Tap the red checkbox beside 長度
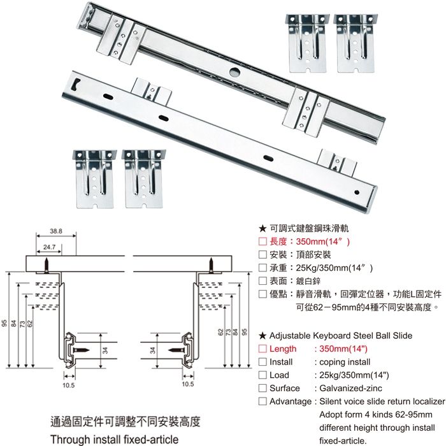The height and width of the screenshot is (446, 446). (262, 242)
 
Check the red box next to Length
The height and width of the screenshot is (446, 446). (262, 349)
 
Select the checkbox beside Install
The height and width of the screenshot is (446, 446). (262, 362)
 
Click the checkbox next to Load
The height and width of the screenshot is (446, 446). (262, 375)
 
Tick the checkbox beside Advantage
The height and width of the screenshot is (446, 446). (262, 401)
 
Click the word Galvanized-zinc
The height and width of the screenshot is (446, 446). (347, 389)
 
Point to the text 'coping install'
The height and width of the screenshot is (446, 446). (343, 362)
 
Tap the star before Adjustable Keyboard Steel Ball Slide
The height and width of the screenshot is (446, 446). (263, 335)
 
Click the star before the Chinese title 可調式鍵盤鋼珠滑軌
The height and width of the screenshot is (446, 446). (263, 228)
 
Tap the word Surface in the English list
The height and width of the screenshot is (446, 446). (284, 389)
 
